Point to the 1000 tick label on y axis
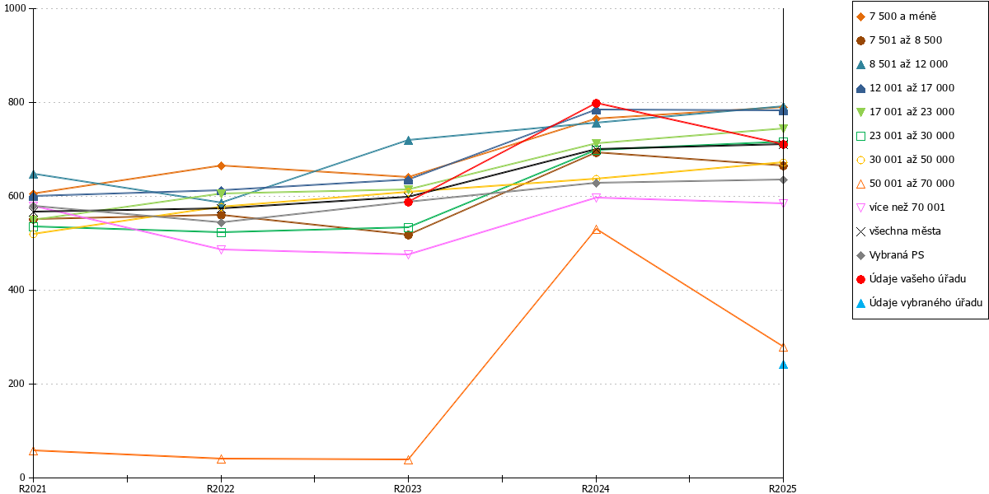(15, 8)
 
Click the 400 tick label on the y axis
(16, 290)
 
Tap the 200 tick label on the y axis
(16, 384)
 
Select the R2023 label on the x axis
(408, 489)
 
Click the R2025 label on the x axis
(783, 489)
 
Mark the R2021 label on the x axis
(33, 489)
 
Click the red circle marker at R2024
(596, 103)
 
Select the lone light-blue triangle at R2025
(783, 365)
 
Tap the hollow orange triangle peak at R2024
(596, 230)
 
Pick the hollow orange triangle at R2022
(221, 459)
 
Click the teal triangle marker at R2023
(409, 140)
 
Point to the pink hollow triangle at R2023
(409, 254)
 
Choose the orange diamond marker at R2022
(221, 165)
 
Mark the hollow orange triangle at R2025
(783, 347)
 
